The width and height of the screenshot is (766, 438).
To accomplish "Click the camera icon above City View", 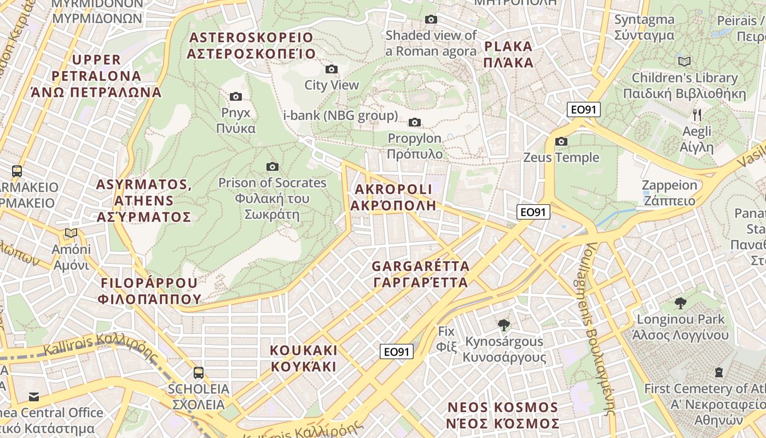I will (331, 69).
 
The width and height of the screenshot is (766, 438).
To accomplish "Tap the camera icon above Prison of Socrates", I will (272, 166).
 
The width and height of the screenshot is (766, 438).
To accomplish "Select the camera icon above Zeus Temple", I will (561, 142).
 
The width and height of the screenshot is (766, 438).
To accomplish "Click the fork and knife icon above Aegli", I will (697, 115).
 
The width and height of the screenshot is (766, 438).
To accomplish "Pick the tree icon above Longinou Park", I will (680, 303).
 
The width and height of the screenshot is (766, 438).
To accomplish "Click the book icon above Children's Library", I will (684, 61).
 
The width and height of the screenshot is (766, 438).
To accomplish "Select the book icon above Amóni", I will (71, 233).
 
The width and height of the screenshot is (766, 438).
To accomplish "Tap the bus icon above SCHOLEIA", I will (198, 373).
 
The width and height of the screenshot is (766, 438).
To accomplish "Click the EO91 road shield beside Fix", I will (397, 351).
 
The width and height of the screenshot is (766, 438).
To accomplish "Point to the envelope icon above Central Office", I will (34, 396).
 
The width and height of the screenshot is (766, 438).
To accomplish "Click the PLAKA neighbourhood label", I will (508, 54).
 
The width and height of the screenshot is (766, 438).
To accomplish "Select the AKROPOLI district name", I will (393, 197).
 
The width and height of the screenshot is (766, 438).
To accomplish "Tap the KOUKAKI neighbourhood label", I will (304, 358).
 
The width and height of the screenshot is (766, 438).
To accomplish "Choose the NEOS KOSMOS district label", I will (503, 416).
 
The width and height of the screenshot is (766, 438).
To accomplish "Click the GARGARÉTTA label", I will (420, 274).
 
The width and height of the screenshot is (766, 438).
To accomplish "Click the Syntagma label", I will (644, 27).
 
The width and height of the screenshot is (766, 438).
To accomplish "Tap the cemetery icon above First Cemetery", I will (719, 373).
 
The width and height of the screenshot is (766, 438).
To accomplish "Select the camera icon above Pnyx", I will (236, 97).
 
